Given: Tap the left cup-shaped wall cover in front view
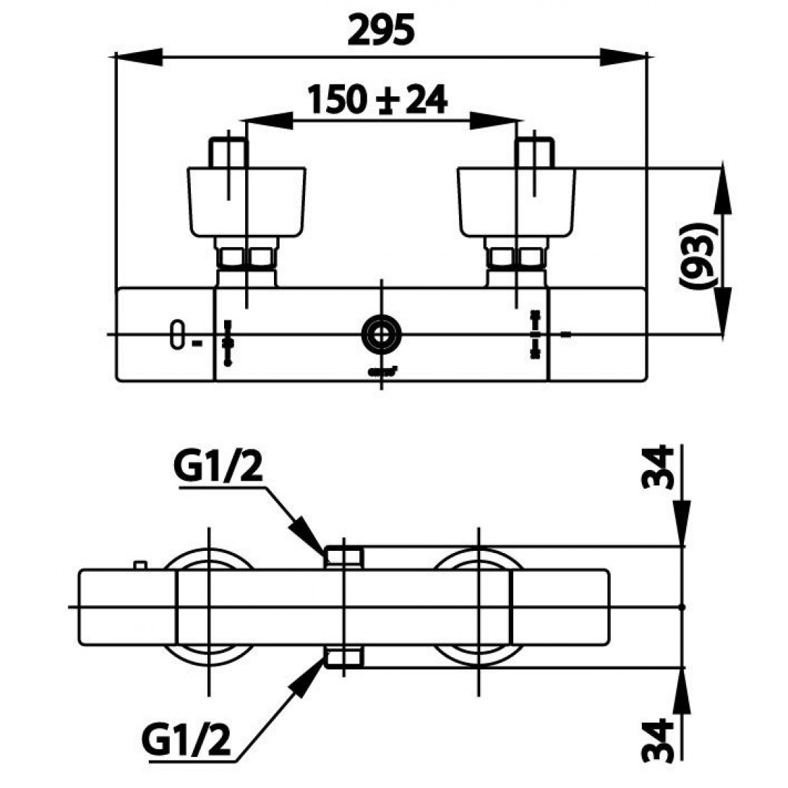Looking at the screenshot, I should click(247, 202).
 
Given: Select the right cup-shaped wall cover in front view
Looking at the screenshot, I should click(517, 202).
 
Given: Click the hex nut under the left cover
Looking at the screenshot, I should click(246, 257).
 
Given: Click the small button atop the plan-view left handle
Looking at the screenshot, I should click(140, 565).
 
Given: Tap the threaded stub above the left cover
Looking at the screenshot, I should click(228, 152).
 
